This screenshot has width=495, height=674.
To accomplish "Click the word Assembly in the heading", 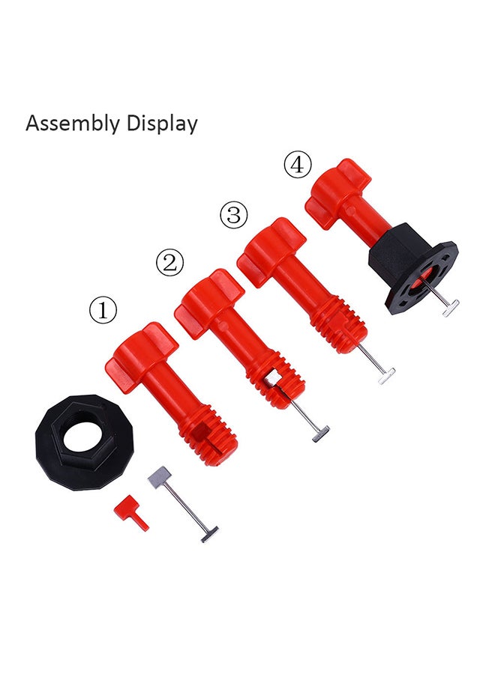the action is click(x=73, y=124).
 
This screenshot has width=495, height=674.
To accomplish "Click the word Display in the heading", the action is click(x=162, y=124).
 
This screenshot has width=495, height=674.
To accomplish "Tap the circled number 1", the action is click(x=103, y=310).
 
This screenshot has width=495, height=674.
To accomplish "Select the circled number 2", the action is click(x=169, y=262).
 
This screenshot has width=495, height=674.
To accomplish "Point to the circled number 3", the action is click(x=234, y=214).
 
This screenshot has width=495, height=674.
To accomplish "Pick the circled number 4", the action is click(x=298, y=165).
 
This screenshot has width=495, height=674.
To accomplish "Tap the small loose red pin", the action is click(x=131, y=513).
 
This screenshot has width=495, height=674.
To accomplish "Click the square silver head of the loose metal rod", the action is click(x=159, y=476).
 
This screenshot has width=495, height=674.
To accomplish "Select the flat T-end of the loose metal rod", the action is click(x=208, y=533).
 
